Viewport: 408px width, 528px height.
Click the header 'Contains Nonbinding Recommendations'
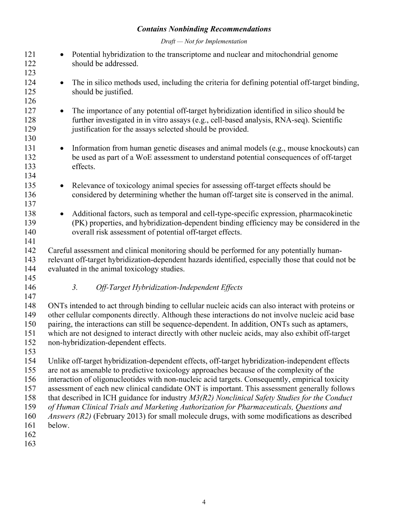204,29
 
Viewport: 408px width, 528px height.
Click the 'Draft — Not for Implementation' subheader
204,41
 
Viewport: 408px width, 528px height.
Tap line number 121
30,55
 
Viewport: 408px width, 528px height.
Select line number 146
30,288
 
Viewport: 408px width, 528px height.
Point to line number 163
30,444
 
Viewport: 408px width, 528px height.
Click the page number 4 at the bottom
204,502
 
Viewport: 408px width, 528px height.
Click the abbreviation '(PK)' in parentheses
79,223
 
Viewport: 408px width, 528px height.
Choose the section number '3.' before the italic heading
75,288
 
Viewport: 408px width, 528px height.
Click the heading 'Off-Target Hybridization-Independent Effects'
169,288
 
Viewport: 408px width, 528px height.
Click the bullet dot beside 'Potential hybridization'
62,55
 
